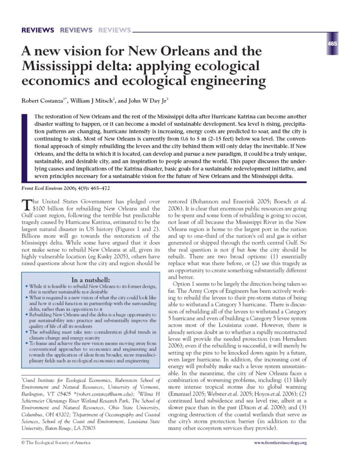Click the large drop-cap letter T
pos(27,204)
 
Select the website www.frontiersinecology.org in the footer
pos(280,442)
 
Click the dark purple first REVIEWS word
pos(38,30)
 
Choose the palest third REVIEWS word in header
pos(114,30)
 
